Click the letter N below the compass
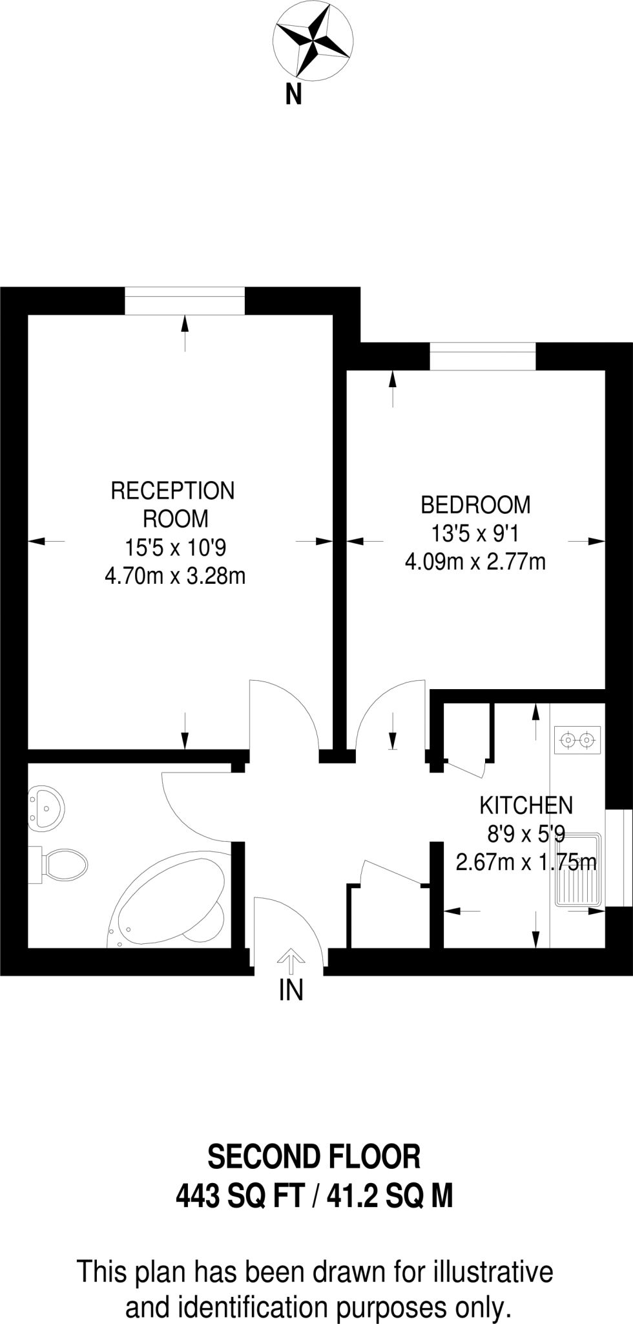(294, 95)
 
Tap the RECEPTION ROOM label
(173, 504)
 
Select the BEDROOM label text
(475, 504)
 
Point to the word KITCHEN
(526, 806)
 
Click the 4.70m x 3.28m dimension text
(175, 575)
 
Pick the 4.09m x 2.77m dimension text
(475, 562)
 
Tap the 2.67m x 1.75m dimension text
(526, 862)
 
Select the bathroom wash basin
(47, 807)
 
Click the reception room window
(185, 301)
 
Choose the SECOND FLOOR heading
(313, 1157)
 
